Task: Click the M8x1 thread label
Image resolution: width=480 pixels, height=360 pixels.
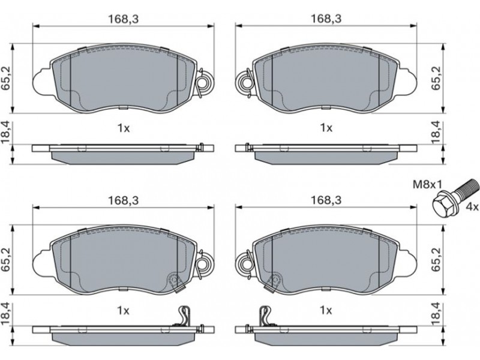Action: (x=428, y=185)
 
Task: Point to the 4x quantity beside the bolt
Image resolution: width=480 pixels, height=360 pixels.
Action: (x=472, y=207)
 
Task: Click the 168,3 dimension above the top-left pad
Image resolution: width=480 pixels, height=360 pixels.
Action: (x=124, y=19)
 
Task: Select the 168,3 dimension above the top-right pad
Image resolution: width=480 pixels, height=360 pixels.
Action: (x=326, y=19)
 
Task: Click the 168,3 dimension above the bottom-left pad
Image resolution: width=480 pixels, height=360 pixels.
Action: (x=124, y=200)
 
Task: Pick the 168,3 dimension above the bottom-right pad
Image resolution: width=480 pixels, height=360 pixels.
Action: (x=326, y=200)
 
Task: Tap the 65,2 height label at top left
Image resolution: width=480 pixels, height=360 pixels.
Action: (x=7, y=78)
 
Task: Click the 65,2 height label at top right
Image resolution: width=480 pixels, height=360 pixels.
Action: (x=436, y=78)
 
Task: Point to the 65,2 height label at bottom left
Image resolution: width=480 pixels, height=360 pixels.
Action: (x=7, y=260)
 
